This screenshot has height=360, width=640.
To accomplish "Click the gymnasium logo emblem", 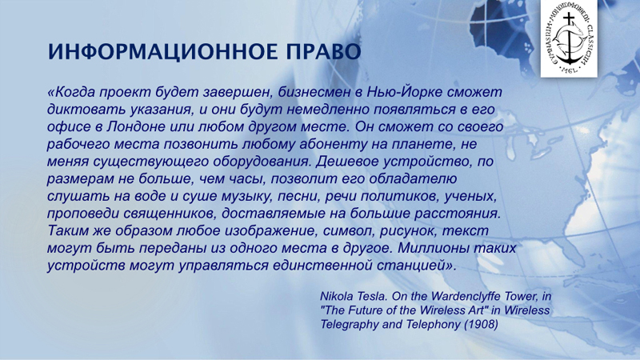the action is pos(569,38).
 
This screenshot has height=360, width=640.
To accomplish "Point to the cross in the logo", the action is pos(568,22).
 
